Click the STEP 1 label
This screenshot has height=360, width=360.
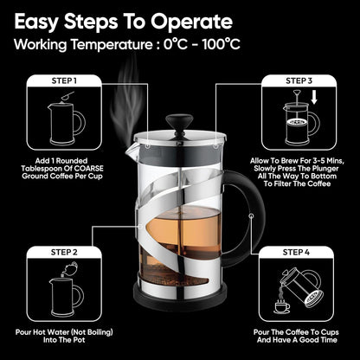point(64,80)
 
